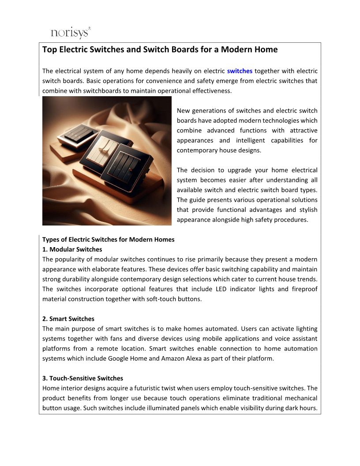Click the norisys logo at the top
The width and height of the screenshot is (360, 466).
pos(71,33)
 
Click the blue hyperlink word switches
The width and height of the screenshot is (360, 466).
pos(240,71)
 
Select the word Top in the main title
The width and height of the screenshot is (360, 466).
pos(49,49)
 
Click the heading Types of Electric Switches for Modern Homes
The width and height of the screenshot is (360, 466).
pos(108,240)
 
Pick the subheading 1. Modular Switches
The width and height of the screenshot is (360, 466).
pos(72,249)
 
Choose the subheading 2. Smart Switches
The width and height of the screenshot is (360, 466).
pos(68,319)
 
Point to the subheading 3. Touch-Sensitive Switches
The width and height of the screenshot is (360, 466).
pos(82,378)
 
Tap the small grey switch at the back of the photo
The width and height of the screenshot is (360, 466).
pos(79,133)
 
